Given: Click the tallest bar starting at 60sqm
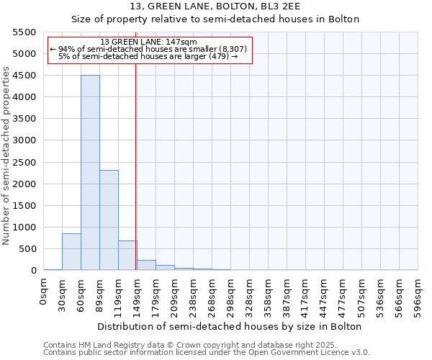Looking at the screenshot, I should click(90, 173).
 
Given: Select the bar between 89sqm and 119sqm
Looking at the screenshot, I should click(109, 220).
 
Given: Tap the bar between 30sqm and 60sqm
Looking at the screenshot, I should click(71, 252).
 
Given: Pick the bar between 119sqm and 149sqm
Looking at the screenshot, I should click(127, 256).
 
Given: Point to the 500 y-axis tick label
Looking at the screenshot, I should click(27, 249).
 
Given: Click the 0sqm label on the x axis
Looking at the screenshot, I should click(44, 292).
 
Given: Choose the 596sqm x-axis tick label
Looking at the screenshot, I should click(418, 296).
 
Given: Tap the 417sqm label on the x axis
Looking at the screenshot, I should click(306, 296).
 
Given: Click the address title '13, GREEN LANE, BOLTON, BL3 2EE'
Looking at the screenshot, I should click(215, 6).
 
